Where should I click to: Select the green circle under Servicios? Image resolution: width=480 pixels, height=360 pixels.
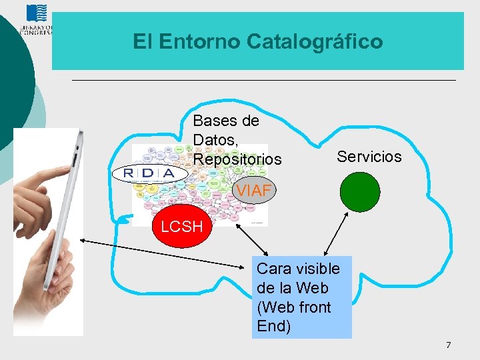(x=360, y=192)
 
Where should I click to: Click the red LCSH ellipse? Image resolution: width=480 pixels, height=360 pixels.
(x=181, y=227)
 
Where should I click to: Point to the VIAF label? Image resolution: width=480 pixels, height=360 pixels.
(x=254, y=191)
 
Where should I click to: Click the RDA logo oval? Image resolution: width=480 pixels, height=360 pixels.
(x=149, y=173)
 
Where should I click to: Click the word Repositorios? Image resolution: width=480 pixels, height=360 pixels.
(x=237, y=160)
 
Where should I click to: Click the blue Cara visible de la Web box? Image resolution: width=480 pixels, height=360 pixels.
(x=301, y=297)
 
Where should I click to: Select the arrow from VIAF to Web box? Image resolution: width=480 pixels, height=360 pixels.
(x=251, y=238)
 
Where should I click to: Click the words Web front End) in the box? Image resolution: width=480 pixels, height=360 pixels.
(x=293, y=317)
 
